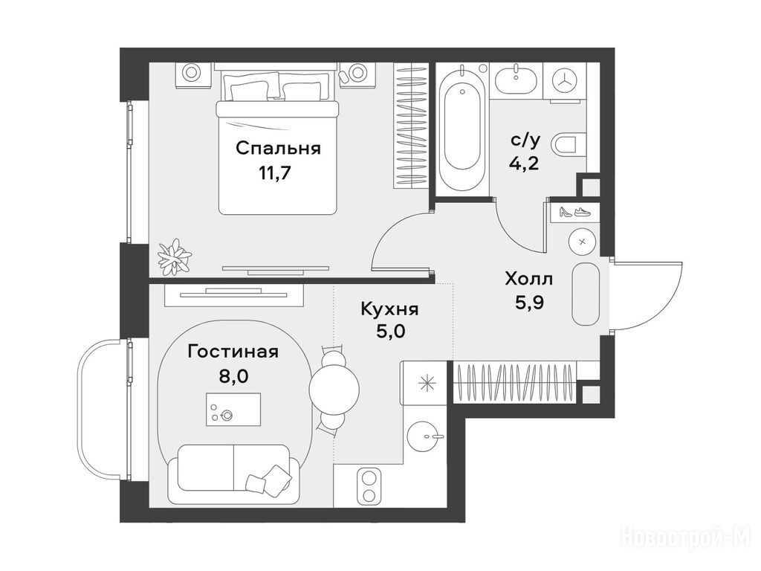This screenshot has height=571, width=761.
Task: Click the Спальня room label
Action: click(278, 149)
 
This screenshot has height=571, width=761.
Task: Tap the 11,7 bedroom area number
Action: click(275, 172)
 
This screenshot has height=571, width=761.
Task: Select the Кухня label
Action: click(389, 309)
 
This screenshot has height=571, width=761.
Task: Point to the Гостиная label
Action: click(233, 352)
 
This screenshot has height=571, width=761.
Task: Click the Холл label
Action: click(529, 280)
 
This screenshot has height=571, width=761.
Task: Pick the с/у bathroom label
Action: click(525, 141)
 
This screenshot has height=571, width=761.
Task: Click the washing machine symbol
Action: click(566, 81)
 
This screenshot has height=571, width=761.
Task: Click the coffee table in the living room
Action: click(233, 410)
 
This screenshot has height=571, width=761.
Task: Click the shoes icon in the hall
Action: click(575, 212)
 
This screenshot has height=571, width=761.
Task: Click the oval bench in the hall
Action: click(586, 294)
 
